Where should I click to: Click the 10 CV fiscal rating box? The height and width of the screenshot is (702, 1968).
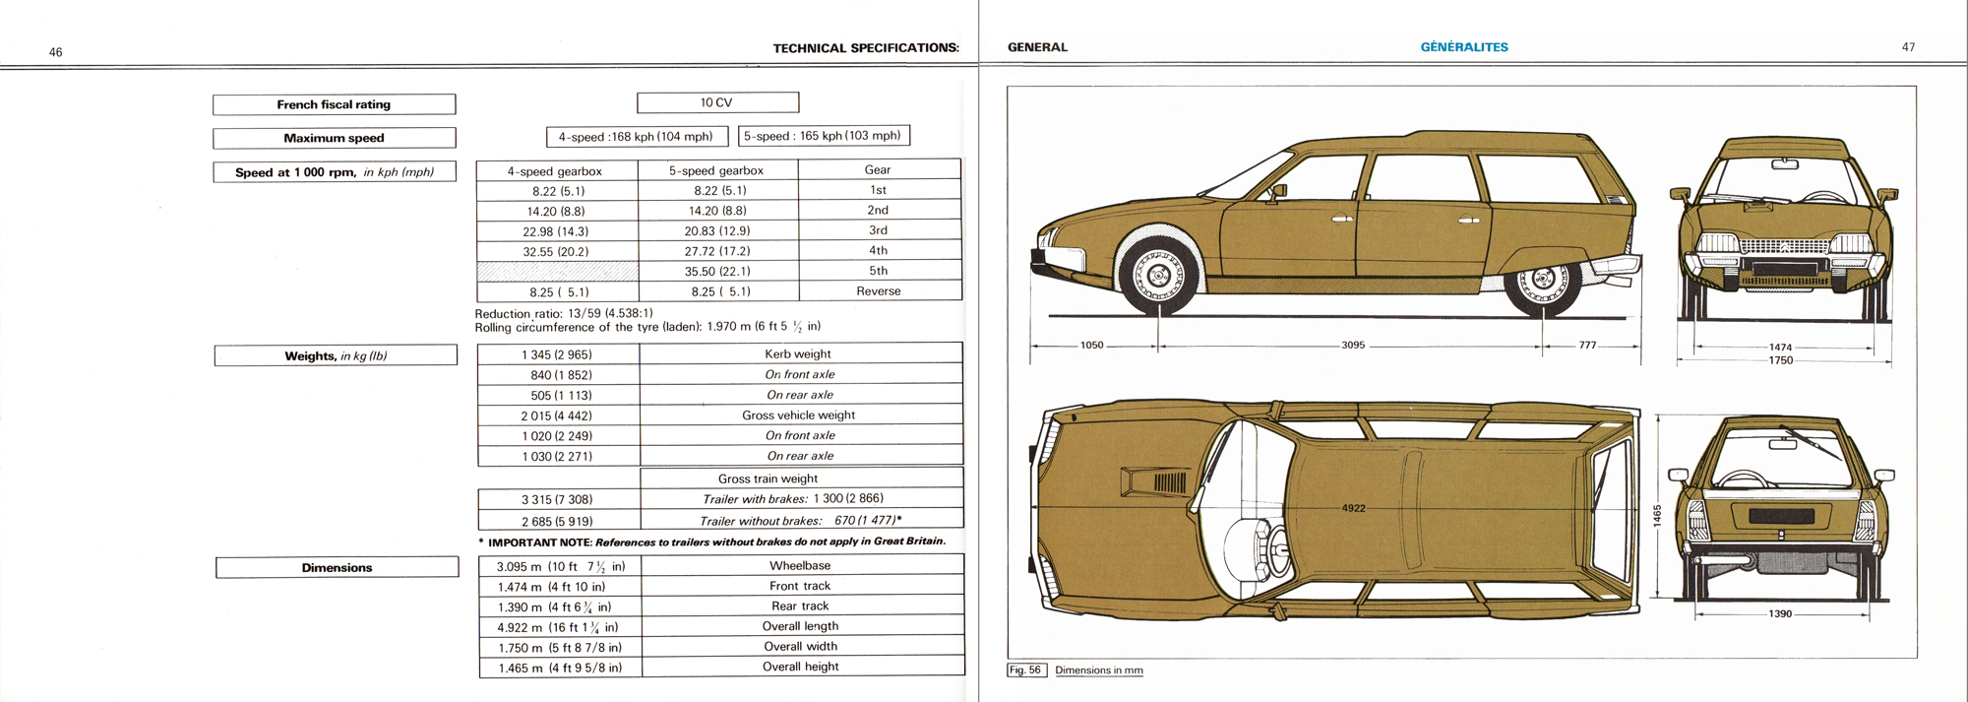pyautogui.click(x=717, y=102)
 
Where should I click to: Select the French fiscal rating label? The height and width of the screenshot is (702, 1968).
pyautogui.click(x=334, y=104)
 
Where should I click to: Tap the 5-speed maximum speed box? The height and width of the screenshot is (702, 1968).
pyautogui.click(x=823, y=136)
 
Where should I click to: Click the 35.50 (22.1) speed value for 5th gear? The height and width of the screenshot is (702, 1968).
pyautogui.click(x=717, y=271)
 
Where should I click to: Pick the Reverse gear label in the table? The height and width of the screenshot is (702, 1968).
pyautogui.click(x=879, y=291)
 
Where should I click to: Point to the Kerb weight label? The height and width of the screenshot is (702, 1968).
pyautogui.click(x=798, y=354)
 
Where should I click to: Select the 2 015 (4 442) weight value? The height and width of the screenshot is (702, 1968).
pyautogui.click(x=557, y=415)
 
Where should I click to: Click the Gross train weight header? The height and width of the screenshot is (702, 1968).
pyautogui.click(x=768, y=479)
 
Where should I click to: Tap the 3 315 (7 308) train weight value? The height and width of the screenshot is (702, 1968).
pyautogui.click(x=557, y=499)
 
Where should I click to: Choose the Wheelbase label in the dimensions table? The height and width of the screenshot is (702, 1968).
pyautogui.click(x=800, y=566)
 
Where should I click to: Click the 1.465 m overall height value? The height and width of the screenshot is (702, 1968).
pyautogui.click(x=559, y=668)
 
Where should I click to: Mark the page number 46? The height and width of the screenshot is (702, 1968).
pyautogui.click(x=56, y=52)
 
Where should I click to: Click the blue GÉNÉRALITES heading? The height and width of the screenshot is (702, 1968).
pyautogui.click(x=1464, y=47)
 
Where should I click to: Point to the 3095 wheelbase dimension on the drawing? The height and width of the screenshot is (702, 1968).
pyautogui.click(x=1353, y=346)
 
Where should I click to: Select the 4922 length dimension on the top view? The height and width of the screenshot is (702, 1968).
pyautogui.click(x=1353, y=508)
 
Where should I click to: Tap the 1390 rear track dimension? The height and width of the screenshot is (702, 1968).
pyautogui.click(x=1780, y=613)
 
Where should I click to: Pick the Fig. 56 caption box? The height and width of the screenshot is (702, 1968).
pyautogui.click(x=1025, y=670)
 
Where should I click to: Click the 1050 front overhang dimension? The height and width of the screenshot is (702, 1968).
pyautogui.click(x=1092, y=346)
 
